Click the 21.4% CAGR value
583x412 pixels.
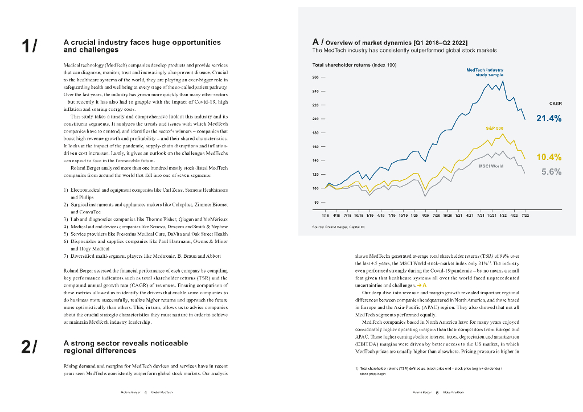(x=549, y=119)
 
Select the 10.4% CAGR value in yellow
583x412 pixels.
(x=549, y=158)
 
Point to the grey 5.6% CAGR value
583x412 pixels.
(x=551, y=172)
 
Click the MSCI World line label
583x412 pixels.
(x=491, y=166)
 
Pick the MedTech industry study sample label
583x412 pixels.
(x=485, y=72)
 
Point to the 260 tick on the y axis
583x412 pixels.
(x=316, y=77)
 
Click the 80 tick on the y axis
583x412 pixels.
(x=317, y=201)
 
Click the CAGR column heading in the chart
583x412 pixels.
(x=556, y=104)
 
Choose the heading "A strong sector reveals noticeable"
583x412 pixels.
(x=125, y=343)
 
